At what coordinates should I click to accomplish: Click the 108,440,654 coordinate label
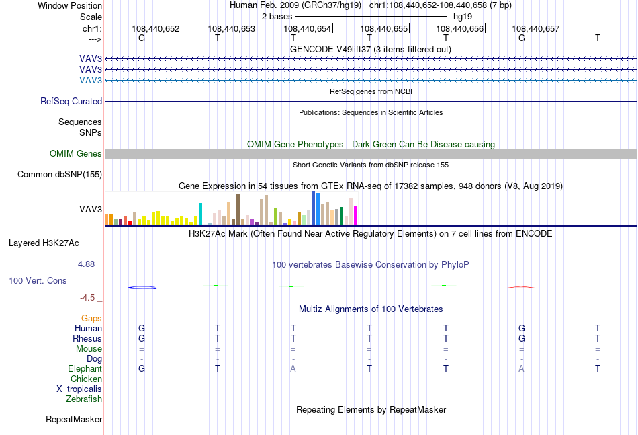click(x=307, y=28)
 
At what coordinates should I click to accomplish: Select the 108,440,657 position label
click(x=535, y=28)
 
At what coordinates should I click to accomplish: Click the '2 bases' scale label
click(x=277, y=17)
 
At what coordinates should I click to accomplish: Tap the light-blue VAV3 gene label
click(x=91, y=80)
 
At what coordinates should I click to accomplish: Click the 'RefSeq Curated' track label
click(x=71, y=101)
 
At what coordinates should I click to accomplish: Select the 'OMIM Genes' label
click(x=76, y=153)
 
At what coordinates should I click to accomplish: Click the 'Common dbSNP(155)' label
click(x=60, y=175)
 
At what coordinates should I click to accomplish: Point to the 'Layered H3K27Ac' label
click(x=44, y=243)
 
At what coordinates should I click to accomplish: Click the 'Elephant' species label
click(x=85, y=368)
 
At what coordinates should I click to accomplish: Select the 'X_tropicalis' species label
click(x=79, y=389)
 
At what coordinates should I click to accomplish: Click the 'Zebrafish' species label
click(x=84, y=399)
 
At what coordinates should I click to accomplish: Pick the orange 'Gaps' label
click(x=91, y=318)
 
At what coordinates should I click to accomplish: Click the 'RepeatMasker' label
click(x=74, y=419)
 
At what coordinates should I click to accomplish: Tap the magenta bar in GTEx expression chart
click(x=356, y=215)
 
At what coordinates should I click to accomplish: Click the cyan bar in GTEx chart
click(x=200, y=214)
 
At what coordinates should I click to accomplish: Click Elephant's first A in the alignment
click(x=293, y=368)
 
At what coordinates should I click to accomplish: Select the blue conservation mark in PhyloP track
click(x=142, y=288)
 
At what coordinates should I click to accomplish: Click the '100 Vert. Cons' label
click(x=38, y=280)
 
